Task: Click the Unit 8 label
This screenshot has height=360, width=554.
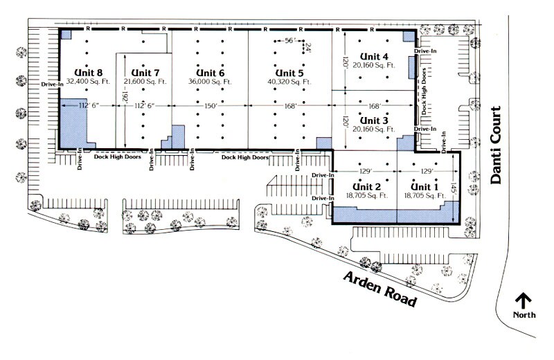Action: click(x=90, y=73)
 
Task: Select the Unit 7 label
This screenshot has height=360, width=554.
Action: click(x=145, y=73)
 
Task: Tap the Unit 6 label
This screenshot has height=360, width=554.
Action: click(x=211, y=73)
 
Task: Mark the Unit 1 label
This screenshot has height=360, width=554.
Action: click(x=425, y=187)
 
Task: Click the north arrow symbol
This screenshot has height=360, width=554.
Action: click(x=524, y=300)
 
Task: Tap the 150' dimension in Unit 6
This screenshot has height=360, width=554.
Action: click(x=211, y=106)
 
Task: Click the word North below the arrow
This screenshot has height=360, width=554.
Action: click(x=524, y=315)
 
